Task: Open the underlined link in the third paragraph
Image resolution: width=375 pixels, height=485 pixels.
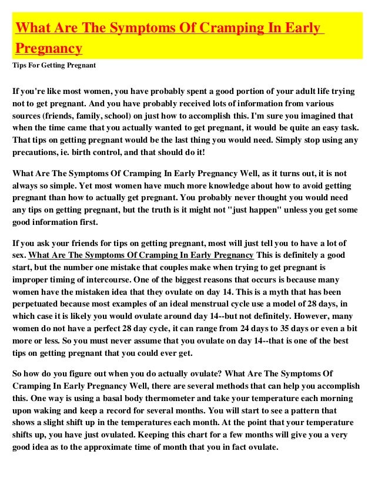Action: click(x=141, y=255)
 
